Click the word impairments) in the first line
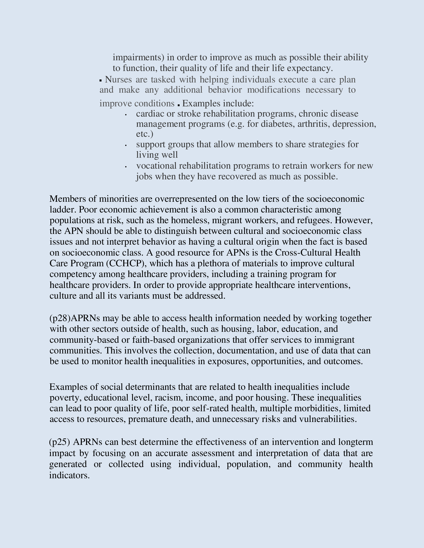[138, 58]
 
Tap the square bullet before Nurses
[101, 80]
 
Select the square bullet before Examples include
[179, 105]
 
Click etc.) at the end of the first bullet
[144, 134]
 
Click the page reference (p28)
[60, 318]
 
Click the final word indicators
[69, 475]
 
